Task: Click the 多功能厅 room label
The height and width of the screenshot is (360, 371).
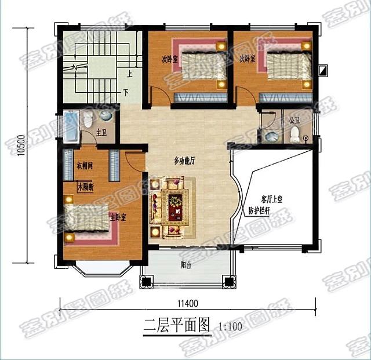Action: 184,161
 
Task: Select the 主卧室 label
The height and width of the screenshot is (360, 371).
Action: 118,217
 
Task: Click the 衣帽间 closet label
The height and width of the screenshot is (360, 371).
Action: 85,166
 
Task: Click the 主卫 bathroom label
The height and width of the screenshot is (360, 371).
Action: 101,133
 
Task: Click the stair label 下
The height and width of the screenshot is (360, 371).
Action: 126,93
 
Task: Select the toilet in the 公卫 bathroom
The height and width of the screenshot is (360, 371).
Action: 294,134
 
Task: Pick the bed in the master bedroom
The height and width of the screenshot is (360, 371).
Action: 87,220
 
